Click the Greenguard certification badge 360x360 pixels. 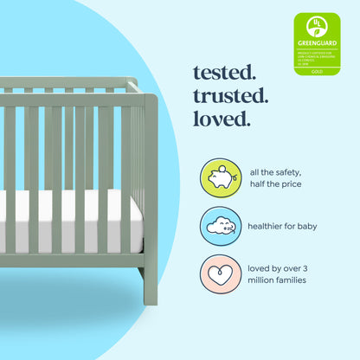click(x=317, y=43)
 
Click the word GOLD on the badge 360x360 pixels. click(x=317, y=70)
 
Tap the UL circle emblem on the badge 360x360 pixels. click(x=317, y=25)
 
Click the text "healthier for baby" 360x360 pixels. click(x=282, y=227)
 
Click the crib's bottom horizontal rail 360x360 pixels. click(x=69, y=260)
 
